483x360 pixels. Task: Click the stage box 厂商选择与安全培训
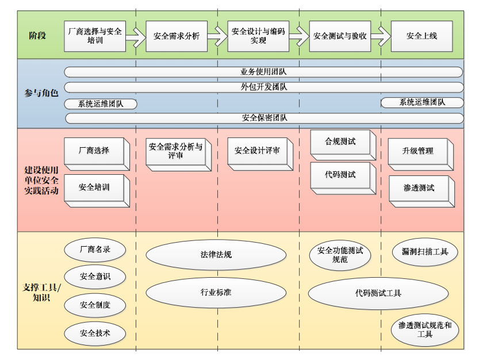[95, 36]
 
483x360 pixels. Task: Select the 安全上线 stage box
[421, 36]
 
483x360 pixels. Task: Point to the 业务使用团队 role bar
[263, 72]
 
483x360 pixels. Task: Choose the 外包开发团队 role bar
[263, 87]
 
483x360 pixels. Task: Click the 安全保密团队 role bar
[263, 118]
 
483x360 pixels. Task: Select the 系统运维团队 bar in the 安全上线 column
[422, 102]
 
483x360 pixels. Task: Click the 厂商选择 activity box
[94, 151]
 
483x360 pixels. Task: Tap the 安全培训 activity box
[94, 187]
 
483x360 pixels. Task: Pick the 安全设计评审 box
[257, 151]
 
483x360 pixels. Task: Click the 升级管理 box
[418, 151]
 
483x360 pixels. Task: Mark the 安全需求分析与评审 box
[175, 151]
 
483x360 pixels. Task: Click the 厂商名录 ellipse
[95, 250]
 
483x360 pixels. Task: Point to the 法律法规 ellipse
[216, 254]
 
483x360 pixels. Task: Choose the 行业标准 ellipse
[216, 292]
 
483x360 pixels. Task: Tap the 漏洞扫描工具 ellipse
[424, 252]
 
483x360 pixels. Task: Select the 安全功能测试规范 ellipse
[340, 255]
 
